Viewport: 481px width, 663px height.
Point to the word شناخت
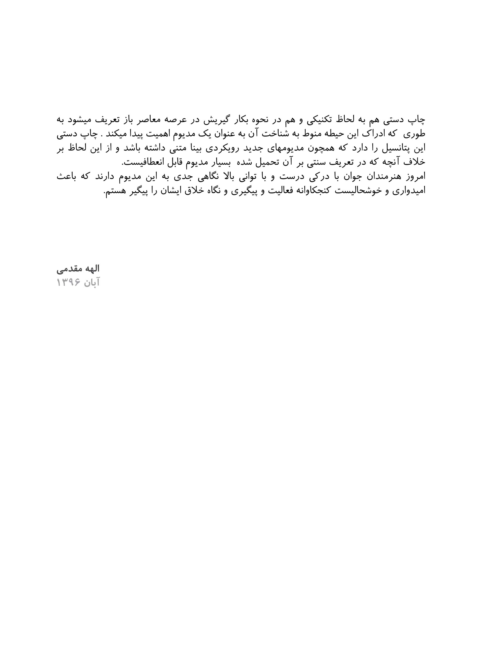point(275,134)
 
